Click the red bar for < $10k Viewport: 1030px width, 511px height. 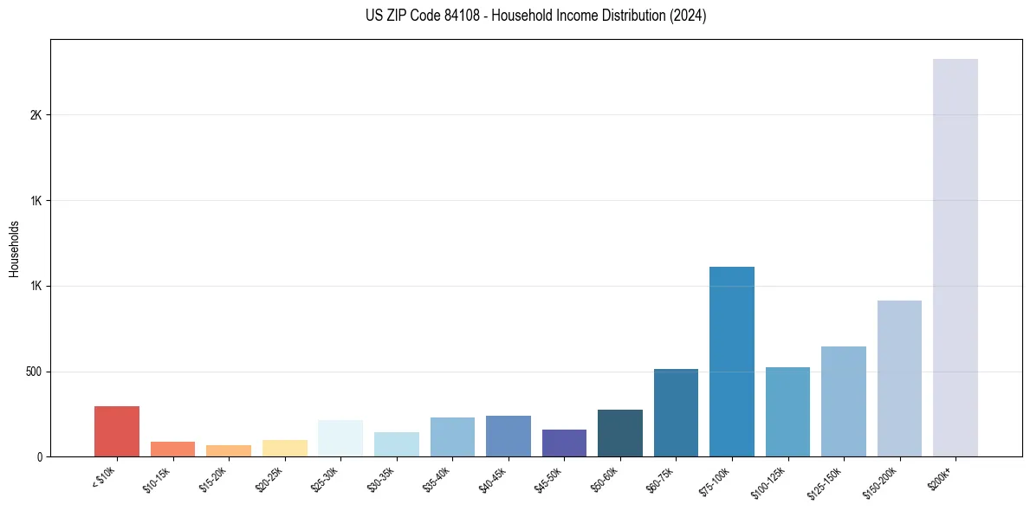click(117, 431)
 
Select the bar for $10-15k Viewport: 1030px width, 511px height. click(172, 449)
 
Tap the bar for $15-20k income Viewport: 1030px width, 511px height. click(229, 450)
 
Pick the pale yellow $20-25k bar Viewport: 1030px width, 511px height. click(284, 448)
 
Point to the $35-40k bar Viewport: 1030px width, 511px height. click(452, 437)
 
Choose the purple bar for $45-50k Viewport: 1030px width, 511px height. click(564, 443)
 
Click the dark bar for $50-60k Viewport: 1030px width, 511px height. click(620, 433)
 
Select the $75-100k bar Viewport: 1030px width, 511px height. click(732, 361)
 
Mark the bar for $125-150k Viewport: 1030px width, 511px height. click(844, 401)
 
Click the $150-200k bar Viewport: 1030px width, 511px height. click(899, 378)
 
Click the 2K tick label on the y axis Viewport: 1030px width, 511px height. click(36, 115)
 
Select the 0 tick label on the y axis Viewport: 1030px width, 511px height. click(40, 456)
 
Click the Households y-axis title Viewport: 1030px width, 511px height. click(15, 249)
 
